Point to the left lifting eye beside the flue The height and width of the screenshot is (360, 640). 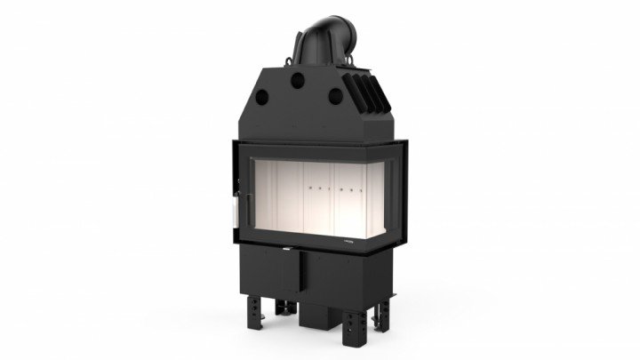[289, 58]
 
